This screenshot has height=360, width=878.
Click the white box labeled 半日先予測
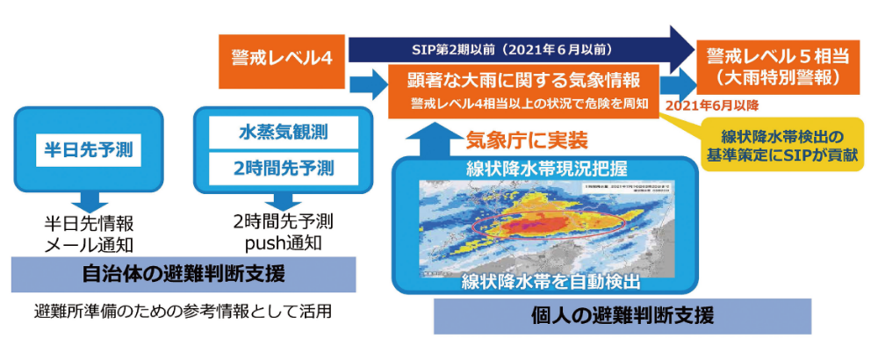coord(88,149)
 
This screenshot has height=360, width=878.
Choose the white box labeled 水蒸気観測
coord(271,133)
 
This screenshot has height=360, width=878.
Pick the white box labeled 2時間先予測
coord(271,167)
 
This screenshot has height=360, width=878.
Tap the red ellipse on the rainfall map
coord(550,225)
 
